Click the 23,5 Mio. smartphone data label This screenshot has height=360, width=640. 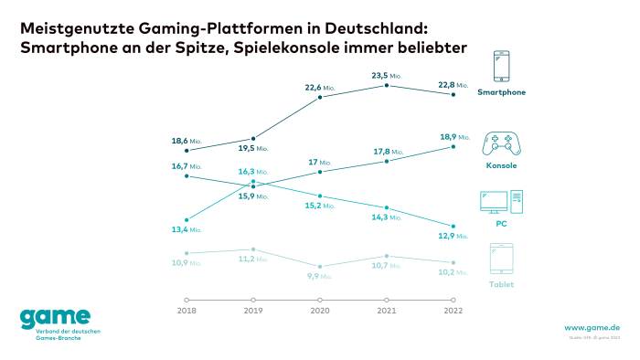pyautogui.click(x=386, y=77)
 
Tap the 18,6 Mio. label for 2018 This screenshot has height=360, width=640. pyautogui.click(x=187, y=142)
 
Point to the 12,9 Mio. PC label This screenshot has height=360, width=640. pyautogui.click(x=453, y=237)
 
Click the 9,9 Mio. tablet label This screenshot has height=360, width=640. pyautogui.click(x=320, y=276)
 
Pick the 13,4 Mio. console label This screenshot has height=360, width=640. pyautogui.click(x=187, y=230)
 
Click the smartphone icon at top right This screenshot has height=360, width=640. pyautogui.click(x=501, y=68)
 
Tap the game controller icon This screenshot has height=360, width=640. pyautogui.click(x=501, y=144)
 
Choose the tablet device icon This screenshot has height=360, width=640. pyautogui.click(x=501, y=260)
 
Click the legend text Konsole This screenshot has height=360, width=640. pyautogui.click(x=501, y=165)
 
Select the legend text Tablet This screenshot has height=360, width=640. pyautogui.click(x=501, y=284)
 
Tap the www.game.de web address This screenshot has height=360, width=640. pyautogui.click(x=592, y=327)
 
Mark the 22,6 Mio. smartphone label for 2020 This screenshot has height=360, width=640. pyautogui.click(x=320, y=88)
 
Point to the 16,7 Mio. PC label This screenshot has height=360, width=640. pyautogui.click(x=187, y=166)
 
